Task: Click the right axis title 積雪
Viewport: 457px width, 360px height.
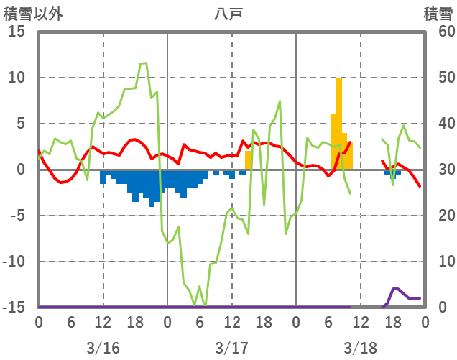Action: point(438,14)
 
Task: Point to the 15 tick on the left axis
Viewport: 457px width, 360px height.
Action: point(17,32)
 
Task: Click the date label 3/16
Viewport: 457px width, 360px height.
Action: point(103,348)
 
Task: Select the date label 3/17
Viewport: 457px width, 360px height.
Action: point(231,348)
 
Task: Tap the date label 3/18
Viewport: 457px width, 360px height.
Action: point(360,348)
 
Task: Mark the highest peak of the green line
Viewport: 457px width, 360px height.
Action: point(144,63)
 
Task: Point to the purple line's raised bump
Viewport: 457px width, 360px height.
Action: point(396,289)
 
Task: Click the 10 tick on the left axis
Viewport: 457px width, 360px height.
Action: point(17,78)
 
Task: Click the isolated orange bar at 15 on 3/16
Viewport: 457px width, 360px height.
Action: point(248,160)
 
